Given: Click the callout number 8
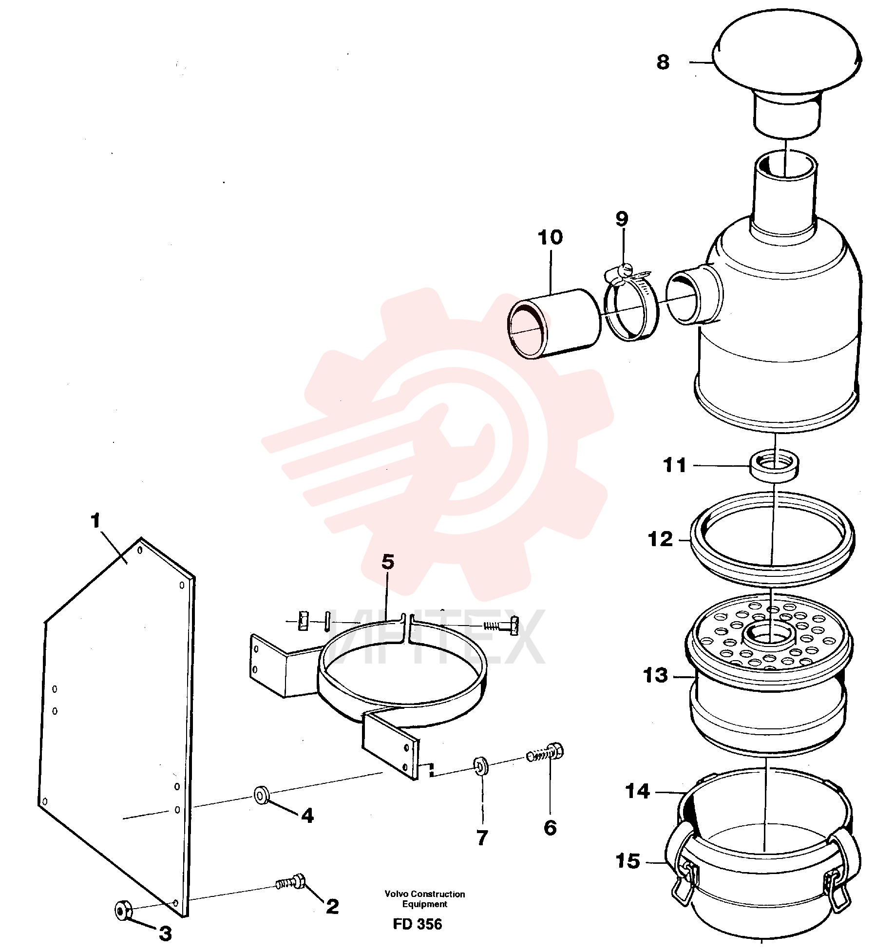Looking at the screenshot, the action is point(663,62).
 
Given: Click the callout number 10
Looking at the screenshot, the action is point(550,238).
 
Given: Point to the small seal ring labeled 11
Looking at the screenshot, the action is point(775,466).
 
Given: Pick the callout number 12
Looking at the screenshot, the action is point(660,539).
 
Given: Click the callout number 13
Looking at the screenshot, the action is point(655,676).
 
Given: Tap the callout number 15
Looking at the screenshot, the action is point(628,861).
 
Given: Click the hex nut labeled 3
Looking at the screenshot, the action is point(122,910).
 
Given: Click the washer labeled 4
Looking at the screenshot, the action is point(262,796).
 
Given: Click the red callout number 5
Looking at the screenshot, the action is point(387,562).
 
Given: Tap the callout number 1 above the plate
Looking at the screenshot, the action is point(95,521).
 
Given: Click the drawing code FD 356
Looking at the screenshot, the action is point(418,924).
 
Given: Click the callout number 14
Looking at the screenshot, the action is point(638,791).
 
